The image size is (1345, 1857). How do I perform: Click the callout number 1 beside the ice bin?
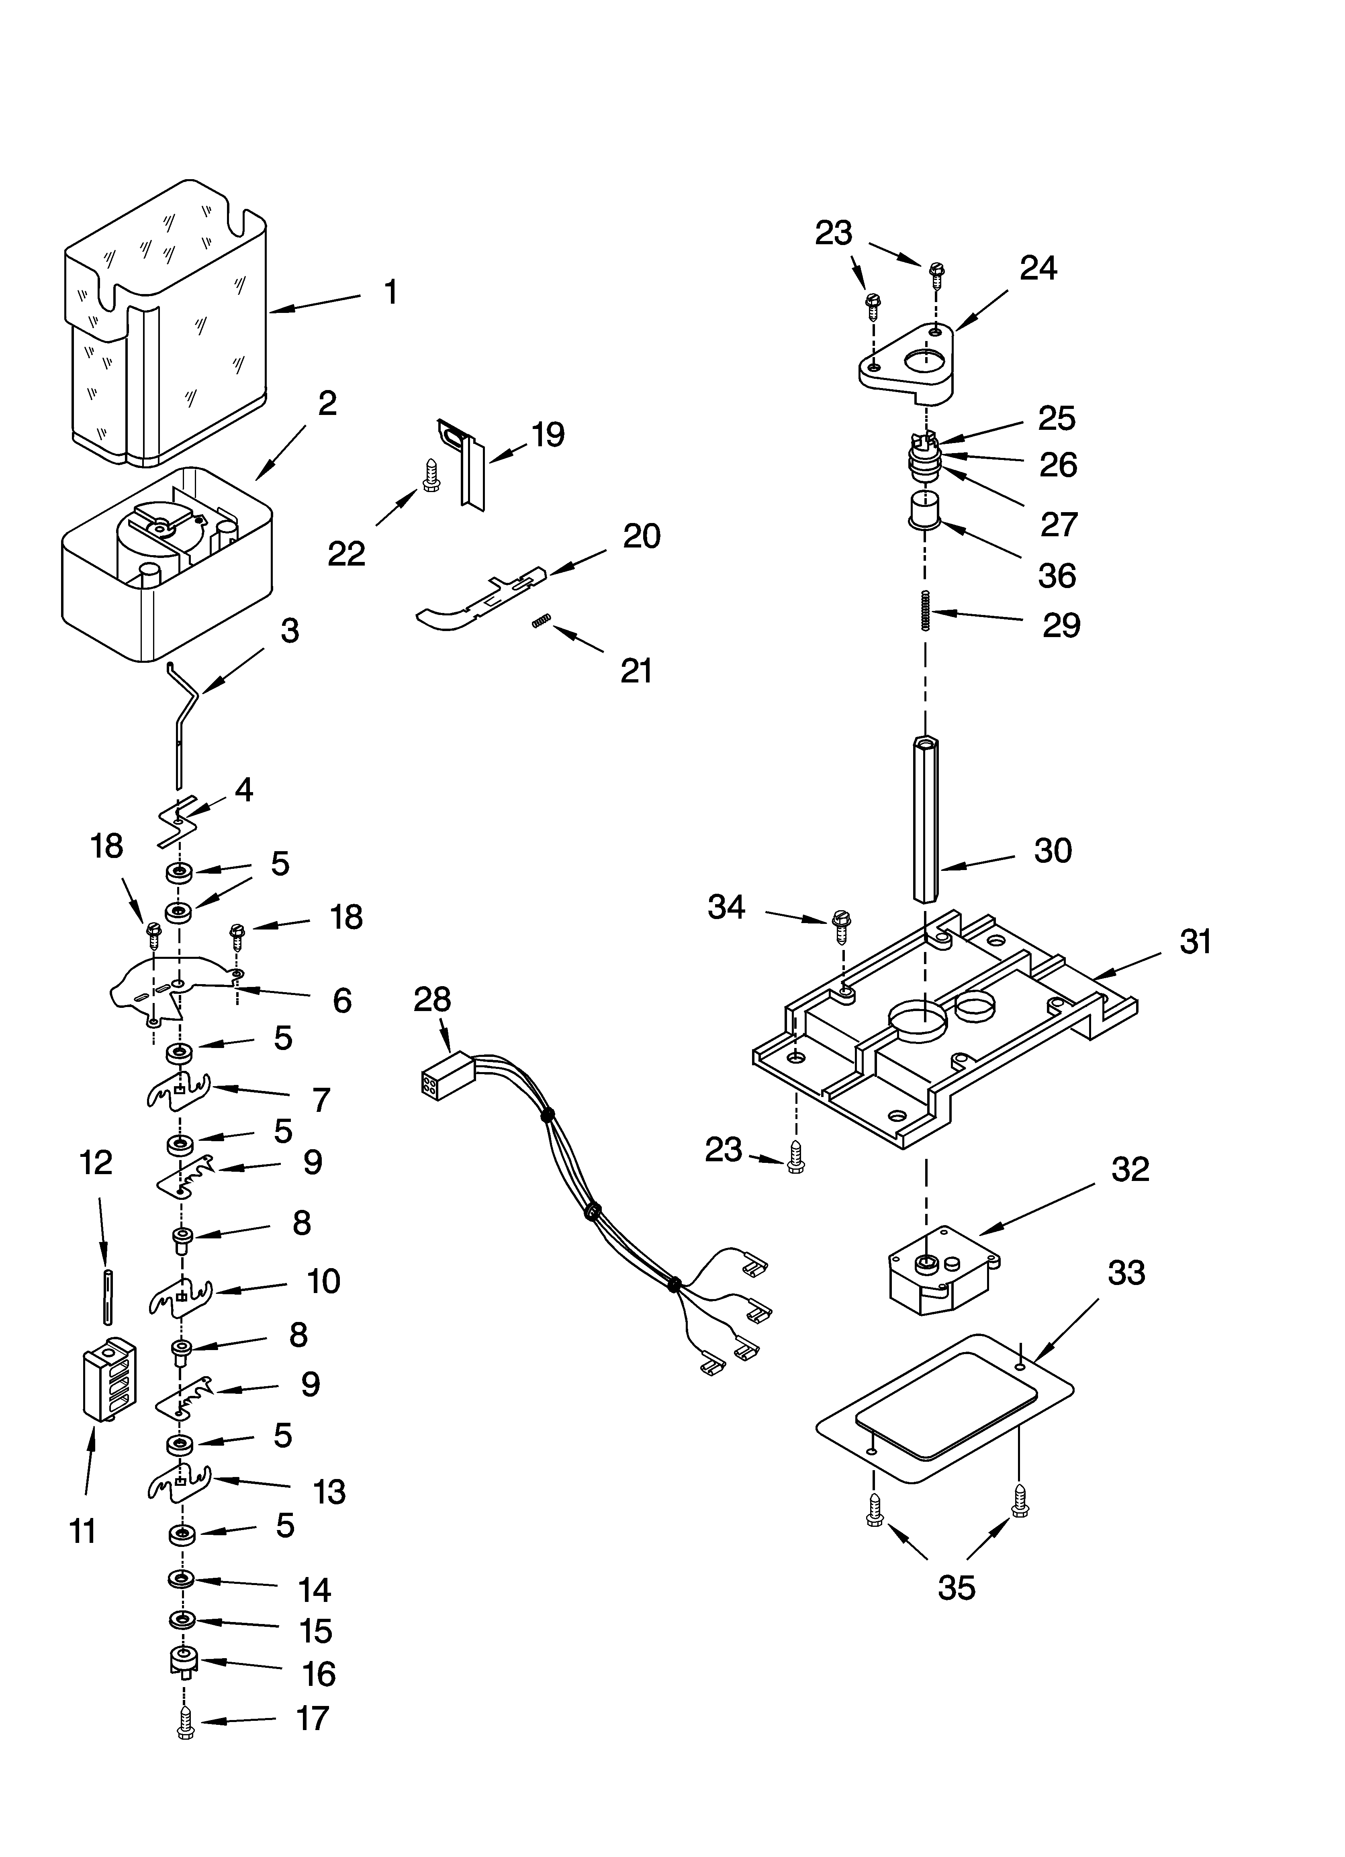(x=391, y=292)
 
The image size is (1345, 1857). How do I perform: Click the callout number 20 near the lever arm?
(x=642, y=536)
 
